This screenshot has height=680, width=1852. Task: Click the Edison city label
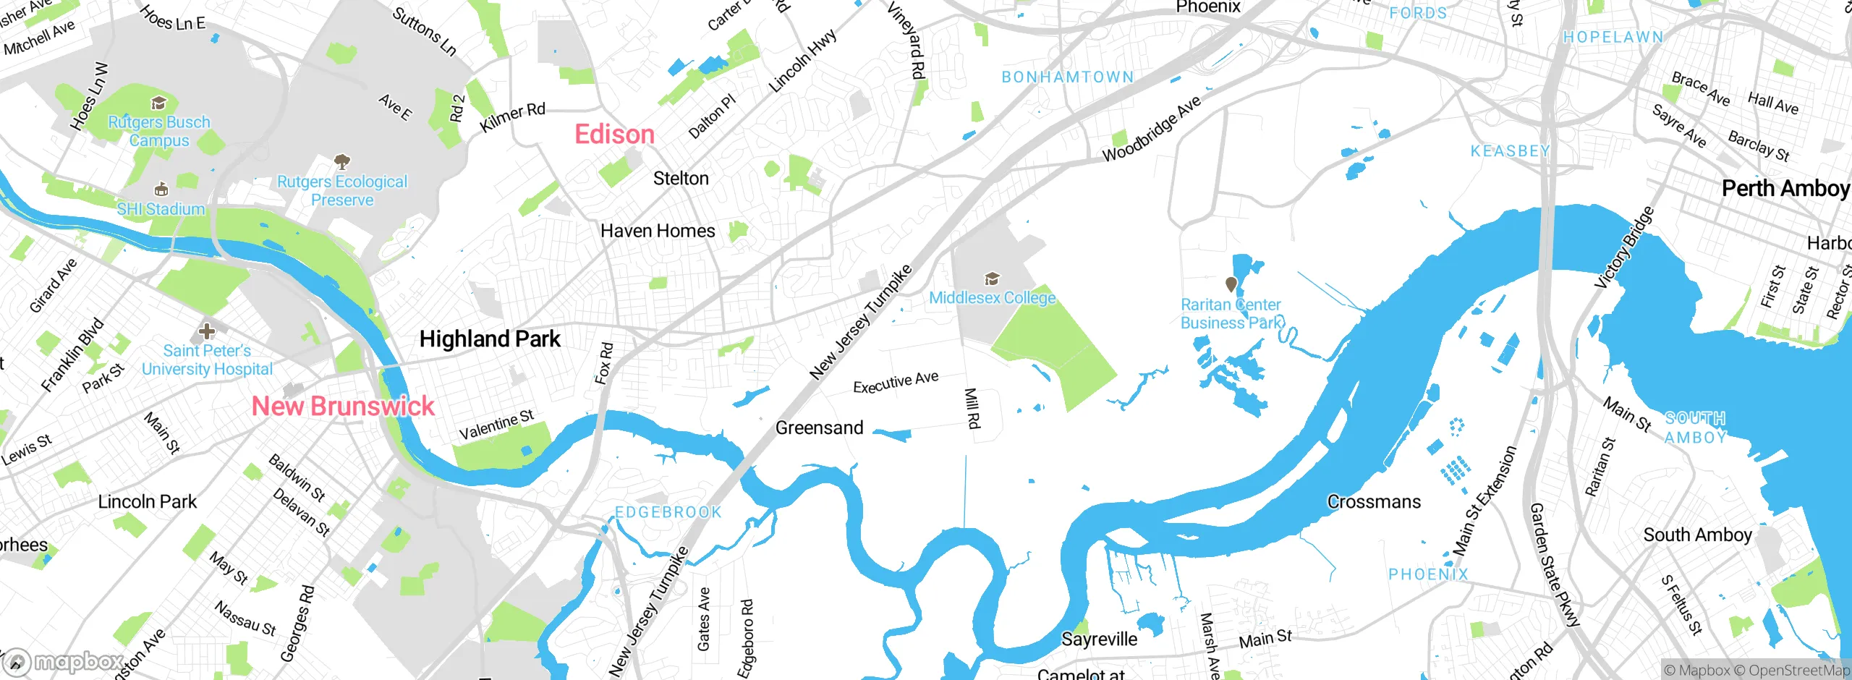(x=614, y=135)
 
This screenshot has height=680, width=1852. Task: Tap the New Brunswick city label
(x=343, y=406)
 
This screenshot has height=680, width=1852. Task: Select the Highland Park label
(x=490, y=339)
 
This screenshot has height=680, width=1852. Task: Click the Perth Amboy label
(x=1785, y=188)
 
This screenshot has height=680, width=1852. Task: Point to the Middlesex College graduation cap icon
(x=992, y=279)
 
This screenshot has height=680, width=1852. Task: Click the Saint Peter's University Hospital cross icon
(x=207, y=331)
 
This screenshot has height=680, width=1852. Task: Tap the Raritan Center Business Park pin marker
(x=1231, y=284)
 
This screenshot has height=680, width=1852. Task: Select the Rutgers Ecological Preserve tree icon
(x=342, y=161)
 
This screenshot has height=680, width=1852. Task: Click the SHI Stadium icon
(x=161, y=190)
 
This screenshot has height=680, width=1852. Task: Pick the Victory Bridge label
(x=1624, y=248)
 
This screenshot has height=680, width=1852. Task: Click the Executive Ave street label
(x=896, y=382)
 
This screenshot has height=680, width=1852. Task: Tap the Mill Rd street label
(x=972, y=408)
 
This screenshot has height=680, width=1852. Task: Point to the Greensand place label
(x=819, y=428)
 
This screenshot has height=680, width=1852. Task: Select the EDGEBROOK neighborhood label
(x=668, y=512)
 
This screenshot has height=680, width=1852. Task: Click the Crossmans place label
(x=1374, y=501)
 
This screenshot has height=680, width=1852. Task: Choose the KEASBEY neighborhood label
(x=1510, y=151)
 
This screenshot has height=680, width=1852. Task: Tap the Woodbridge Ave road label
(x=1151, y=129)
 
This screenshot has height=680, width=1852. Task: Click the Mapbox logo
(x=63, y=661)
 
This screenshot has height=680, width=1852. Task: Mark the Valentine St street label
(x=496, y=425)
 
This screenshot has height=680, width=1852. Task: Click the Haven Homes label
(x=658, y=231)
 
